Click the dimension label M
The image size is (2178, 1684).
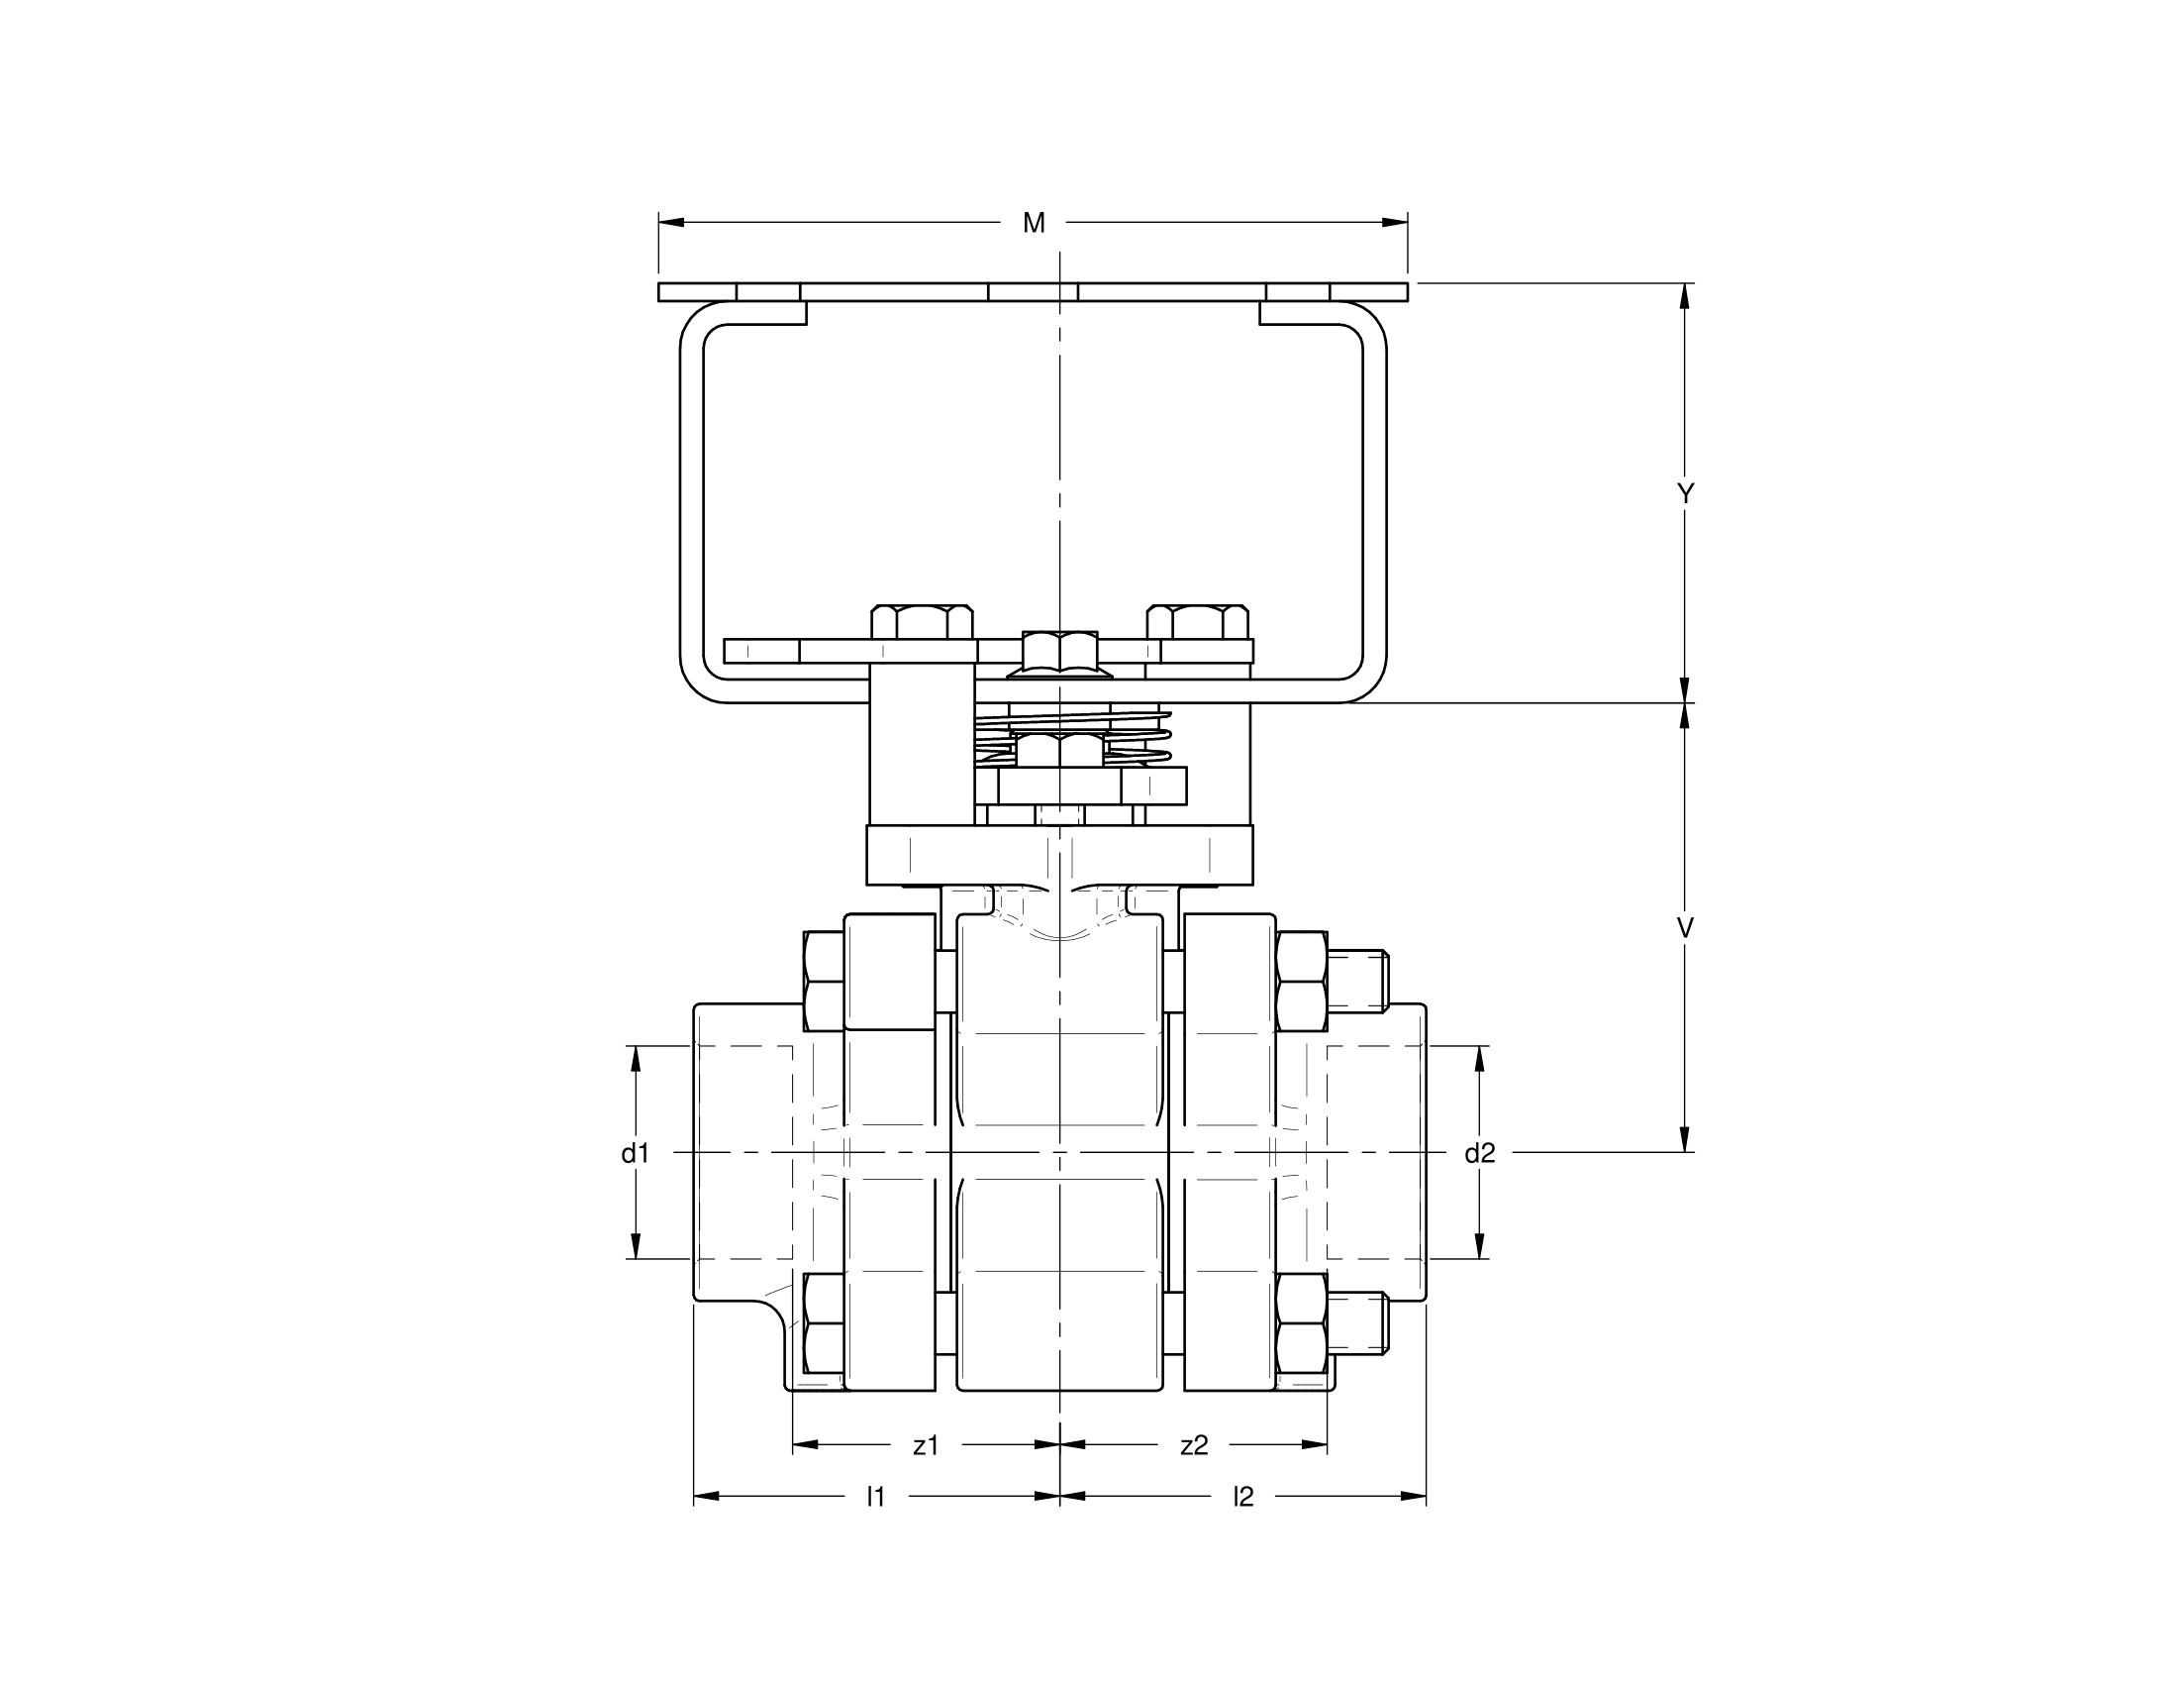[x=1034, y=224]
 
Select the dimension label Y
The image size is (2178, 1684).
[x=1684, y=494]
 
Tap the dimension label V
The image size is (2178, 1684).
[x=1684, y=928]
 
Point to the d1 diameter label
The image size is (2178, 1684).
[x=636, y=1153]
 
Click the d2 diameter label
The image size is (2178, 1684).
[x=1479, y=1153]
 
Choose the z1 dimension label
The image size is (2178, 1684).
[x=926, y=1444]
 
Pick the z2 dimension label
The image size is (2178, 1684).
[x=1194, y=1444]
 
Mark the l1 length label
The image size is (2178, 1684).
[x=874, y=1497]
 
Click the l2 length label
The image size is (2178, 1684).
[x=1242, y=1497]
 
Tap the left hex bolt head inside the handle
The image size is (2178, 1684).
[x=922, y=621]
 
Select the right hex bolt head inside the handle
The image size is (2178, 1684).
[x=1197, y=621]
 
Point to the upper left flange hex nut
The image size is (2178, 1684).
[x=824, y=981]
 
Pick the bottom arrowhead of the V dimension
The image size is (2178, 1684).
[x=1684, y=1139]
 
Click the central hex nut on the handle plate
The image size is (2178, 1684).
[x=1060, y=653]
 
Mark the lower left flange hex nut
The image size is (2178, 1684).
[x=824, y=1322]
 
